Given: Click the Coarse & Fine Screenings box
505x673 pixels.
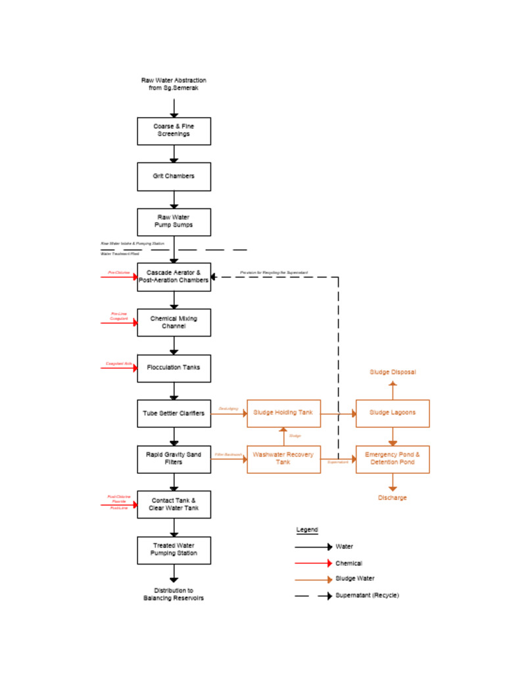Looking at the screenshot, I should pos(174,131).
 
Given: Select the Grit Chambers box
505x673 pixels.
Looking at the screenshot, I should pos(174,177).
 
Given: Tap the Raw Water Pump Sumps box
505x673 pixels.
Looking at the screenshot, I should pos(174,222).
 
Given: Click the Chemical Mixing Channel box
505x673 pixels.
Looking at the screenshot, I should pos(174,323).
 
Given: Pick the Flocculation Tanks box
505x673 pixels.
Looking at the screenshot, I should pos(174,368).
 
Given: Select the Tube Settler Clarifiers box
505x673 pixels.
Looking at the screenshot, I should pos(174,413).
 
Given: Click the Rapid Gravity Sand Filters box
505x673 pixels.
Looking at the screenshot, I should pos(174,459).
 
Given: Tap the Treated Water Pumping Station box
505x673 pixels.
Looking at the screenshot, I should pos(174,550).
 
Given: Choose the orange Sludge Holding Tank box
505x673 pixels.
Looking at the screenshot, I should pos(283,413).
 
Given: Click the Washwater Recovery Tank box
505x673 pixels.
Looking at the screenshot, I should pos(283,459).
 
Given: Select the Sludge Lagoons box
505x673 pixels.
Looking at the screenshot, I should pos(393,413).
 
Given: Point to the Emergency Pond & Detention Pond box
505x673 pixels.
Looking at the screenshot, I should pos(393,459).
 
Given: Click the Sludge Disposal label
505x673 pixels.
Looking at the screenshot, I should pos(393,372).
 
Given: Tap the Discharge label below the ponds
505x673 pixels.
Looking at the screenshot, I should pos(393,498).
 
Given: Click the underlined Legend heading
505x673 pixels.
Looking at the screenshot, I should pos(307,530).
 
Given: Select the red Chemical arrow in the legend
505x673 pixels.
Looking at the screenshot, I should pos(313,563).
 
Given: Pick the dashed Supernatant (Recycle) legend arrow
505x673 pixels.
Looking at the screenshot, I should pos(313,595).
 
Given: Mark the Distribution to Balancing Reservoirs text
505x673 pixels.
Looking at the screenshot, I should pos(174,594).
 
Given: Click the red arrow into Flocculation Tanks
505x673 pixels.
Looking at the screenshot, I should pos(118,368).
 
